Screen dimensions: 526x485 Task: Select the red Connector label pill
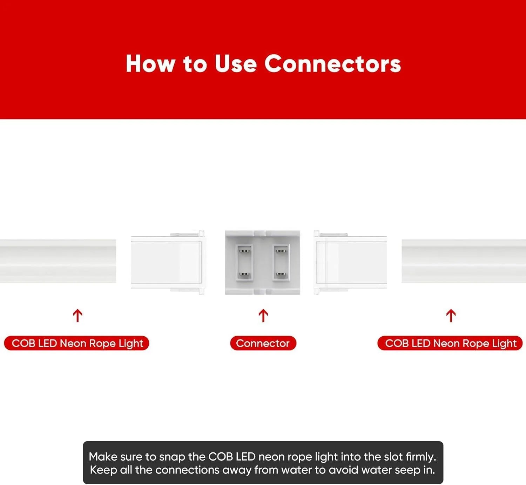(263, 343)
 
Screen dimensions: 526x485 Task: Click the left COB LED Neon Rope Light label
(76, 343)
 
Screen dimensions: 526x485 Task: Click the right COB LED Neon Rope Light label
(450, 343)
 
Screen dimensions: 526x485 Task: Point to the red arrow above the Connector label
(263, 316)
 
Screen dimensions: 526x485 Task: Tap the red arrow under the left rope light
(77, 316)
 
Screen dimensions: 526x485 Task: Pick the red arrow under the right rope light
(451, 316)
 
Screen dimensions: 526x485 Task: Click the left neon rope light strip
(58, 261)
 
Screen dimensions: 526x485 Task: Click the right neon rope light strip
(464, 261)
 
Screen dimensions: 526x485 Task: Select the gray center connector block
(262, 262)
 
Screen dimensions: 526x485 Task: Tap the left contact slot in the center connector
(244, 262)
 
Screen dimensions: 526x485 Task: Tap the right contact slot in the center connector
(281, 262)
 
